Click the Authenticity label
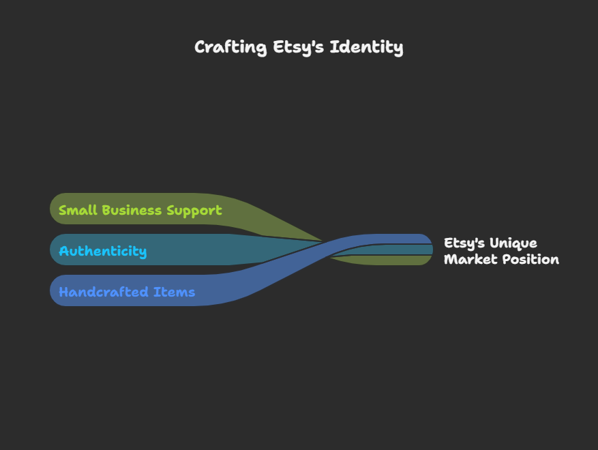pyautogui.click(x=102, y=251)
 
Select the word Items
pyautogui.click(x=175, y=292)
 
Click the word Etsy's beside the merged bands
pyautogui.click(x=463, y=243)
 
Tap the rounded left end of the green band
pyautogui.click(x=56, y=209)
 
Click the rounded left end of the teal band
pyautogui.click(x=56, y=250)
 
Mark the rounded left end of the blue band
pyautogui.click(x=56, y=290)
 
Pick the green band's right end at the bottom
pyautogui.click(x=423, y=260)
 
